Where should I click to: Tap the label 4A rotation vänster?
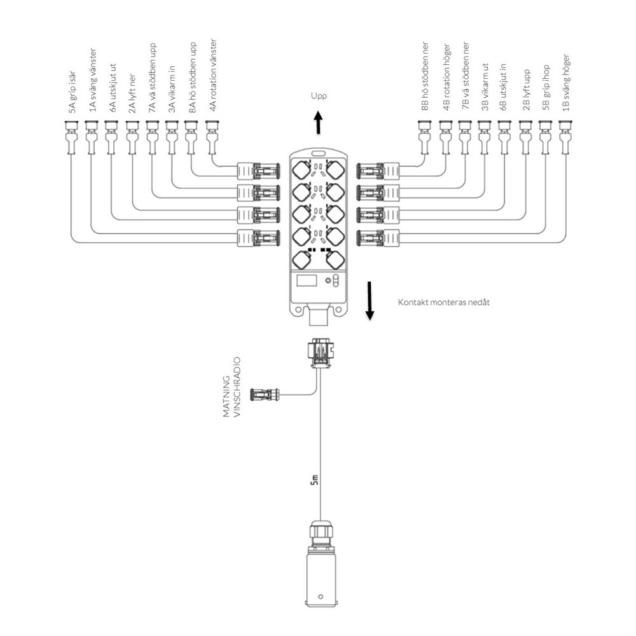click(x=213, y=76)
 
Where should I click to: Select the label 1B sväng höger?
click(x=566, y=83)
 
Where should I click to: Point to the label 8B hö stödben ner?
click(x=424, y=76)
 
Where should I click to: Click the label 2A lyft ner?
click(x=132, y=94)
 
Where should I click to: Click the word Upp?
click(x=319, y=96)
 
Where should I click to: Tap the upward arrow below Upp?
click(x=319, y=123)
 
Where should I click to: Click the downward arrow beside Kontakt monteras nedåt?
click(x=369, y=301)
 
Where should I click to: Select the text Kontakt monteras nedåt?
click(x=444, y=302)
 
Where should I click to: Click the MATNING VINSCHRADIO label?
click(x=232, y=387)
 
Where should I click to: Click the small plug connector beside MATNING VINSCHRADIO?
click(x=265, y=394)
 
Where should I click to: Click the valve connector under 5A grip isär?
click(x=71, y=138)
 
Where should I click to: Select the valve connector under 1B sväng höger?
click(x=565, y=138)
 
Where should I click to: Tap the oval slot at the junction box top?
click(x=319, y=153)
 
